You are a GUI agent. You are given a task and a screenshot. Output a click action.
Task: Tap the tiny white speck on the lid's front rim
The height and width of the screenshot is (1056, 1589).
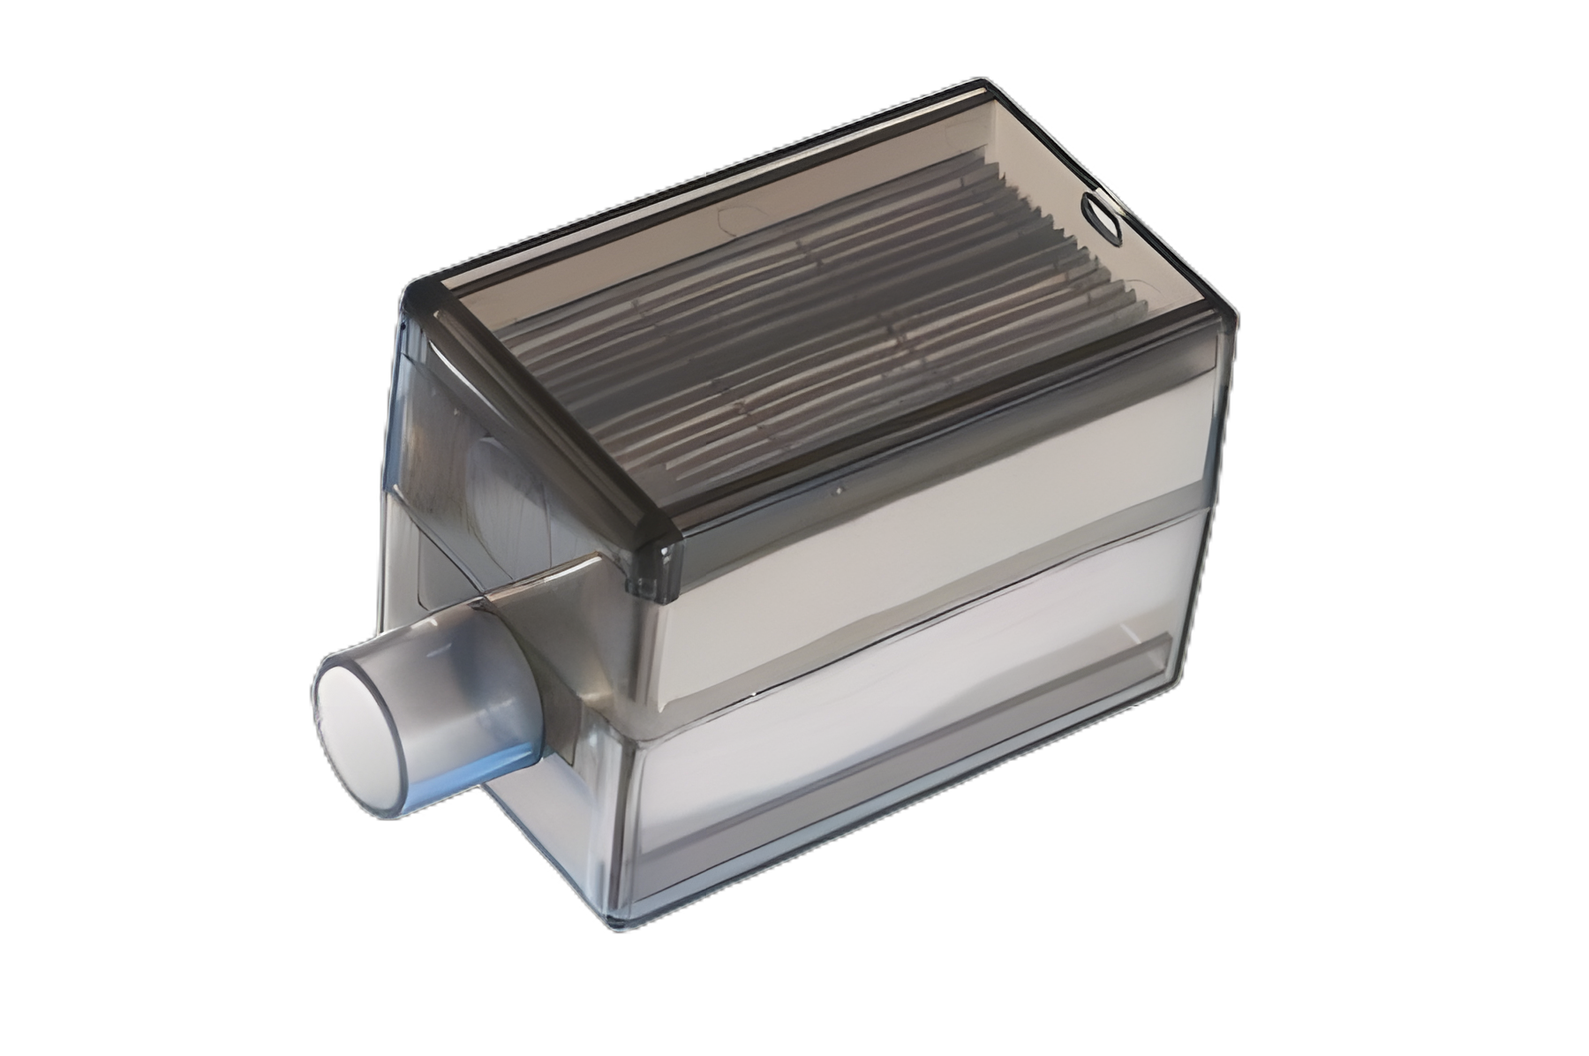click(x=838, y=488)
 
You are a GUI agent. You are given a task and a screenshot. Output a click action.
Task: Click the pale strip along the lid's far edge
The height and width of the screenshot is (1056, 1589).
click(x=706, y=185)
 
